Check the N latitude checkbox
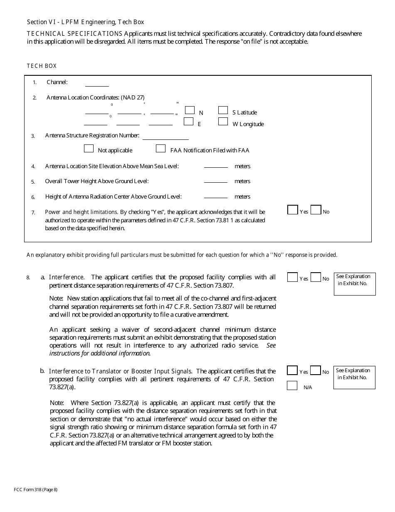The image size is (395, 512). pos(190,110)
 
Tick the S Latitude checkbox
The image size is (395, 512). pos(223,110)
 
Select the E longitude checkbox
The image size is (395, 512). pos(188,122)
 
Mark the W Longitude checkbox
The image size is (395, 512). pos(223,122)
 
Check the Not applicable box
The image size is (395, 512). pos(89,149)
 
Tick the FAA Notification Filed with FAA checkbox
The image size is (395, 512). pos(161,149)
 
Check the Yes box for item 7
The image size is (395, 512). pos(293,210)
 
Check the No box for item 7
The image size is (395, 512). pos(316,210)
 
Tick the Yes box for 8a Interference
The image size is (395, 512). pos(292,277)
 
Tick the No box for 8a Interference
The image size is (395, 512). pos(316,277)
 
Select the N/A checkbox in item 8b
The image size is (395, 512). pos(292,385)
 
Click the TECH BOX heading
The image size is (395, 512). pos(42,66)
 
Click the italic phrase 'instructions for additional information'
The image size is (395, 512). pos(100,353)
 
